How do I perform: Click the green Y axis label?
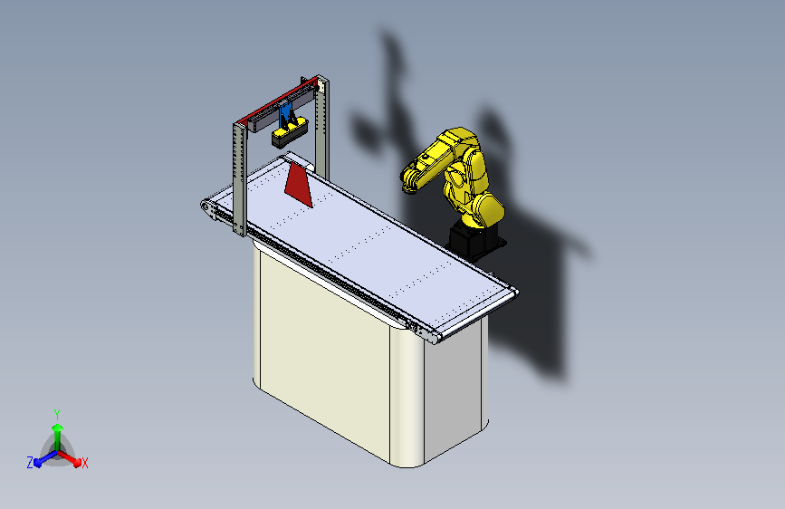pyautogui.click(x=56, y=412)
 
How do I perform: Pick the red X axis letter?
pyautogui.click(x=85, y=463)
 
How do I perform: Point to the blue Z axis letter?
pyautogui.click(x=30, y=462)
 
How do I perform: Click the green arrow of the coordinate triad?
pyautogui.click(x=57, y=430)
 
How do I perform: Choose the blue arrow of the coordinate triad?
pyautogui.click(x=41, y=458)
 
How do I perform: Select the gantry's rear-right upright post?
pyautogui.click(x=323, y=127)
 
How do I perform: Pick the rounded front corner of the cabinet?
pyautogui.click(x=408, y=399)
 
